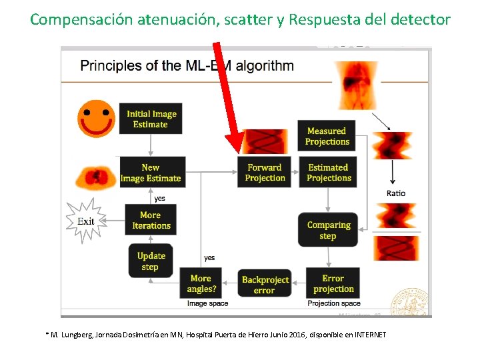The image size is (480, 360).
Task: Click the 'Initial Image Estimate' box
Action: (x=151, y=119)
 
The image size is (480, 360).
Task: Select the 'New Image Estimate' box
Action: (x=151, y=173)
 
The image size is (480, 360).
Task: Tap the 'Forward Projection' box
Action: (x=265, y=173)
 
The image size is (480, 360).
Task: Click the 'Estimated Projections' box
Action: (x=329, y=173)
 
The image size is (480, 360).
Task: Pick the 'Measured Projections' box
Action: (x=327, y=136)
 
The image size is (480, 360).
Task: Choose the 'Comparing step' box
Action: (x=328, y=230)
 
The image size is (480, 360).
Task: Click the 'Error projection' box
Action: (x=333, y=283)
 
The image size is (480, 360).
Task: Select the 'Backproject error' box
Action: (x=265, y=285)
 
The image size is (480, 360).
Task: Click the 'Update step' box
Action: (x=151, y=261)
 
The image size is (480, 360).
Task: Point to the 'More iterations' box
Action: (x=151, y=220)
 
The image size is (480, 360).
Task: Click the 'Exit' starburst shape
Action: (x=86, y=221)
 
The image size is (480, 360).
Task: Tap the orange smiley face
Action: (x=96, y=118)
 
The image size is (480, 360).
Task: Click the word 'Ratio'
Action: (x=395, y=193)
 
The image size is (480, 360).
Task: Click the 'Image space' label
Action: (x=207, y=303)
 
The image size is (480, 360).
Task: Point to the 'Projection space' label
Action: (x=334, y=303)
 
